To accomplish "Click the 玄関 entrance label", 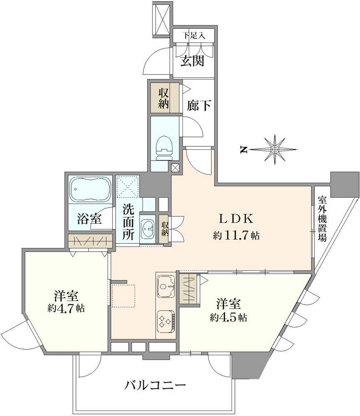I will coord(192,61).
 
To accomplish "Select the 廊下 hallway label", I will coord(199,105).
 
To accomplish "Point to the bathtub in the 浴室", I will coord(91,189).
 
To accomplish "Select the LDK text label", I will coord(236,218).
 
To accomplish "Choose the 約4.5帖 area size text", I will coord(228,317).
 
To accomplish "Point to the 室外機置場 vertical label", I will coord(322,219).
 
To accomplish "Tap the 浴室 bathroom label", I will coord(90,219).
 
